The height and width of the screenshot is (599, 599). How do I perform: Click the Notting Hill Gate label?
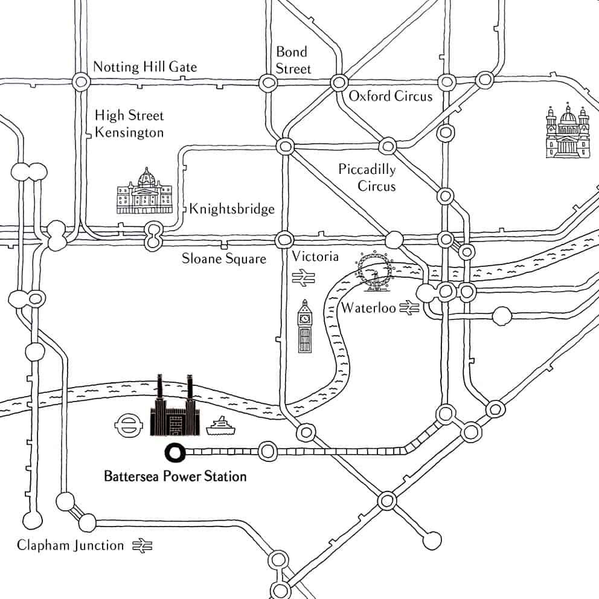pos(145,67)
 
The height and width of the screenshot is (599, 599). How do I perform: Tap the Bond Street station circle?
pos(266,83)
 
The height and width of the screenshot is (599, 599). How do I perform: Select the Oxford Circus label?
pos(391,96)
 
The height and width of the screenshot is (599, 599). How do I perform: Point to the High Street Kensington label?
pos(129,124)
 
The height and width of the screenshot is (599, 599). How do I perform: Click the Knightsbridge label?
pos(232,210)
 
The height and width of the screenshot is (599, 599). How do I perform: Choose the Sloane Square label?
pos(224,259)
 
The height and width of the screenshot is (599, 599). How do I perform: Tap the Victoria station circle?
pos(284,240)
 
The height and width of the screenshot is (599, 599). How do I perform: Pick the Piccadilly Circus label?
pos(367,177)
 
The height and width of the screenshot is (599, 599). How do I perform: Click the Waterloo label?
pos(368,309)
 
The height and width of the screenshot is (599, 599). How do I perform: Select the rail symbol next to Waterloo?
pos(408,309)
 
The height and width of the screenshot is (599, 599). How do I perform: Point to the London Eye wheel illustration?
pos(375,272)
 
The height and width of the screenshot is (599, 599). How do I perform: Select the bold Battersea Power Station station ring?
pos(175,452)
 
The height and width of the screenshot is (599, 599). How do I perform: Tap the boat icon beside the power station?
pos(220,427)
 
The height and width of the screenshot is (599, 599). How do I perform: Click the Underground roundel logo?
pos(127,424)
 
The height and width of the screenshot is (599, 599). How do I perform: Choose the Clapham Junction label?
pos(70,546)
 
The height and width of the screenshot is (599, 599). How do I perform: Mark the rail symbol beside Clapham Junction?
pos(143,546)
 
